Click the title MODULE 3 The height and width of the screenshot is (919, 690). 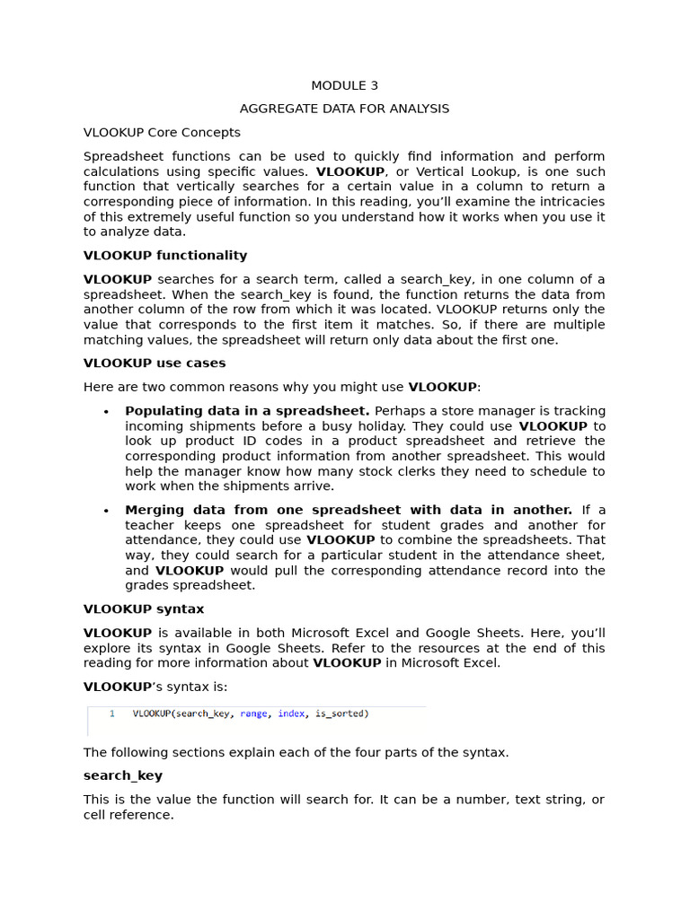point(344,86)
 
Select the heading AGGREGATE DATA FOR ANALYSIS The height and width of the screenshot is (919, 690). point(344,109)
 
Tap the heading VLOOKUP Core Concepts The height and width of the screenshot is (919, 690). point(162,133)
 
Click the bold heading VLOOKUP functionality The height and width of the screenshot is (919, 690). point(165,256)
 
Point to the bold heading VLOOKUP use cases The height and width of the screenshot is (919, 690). point(155,363)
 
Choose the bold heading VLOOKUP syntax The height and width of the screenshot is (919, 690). point(144,609)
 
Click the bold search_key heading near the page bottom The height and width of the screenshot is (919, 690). point(123,775)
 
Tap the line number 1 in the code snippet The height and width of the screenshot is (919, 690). point(111,714)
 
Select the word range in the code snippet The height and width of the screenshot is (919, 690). point(253,714)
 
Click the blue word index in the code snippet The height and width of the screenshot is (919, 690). point(291,714)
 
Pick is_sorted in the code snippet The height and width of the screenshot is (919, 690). point(342,714)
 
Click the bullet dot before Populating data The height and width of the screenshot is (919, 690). point(106,412)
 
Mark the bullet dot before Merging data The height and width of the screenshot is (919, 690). point(106,511)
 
